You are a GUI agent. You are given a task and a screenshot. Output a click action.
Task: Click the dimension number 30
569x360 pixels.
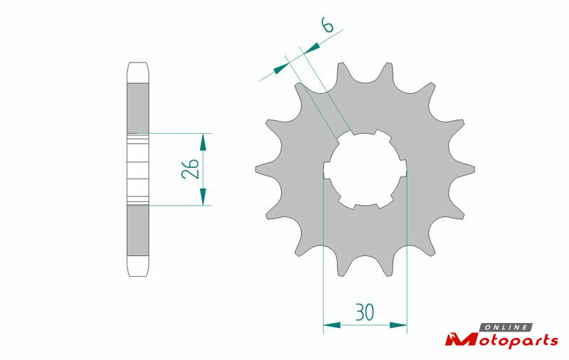(365, 312)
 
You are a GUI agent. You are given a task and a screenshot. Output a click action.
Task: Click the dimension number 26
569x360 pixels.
(190, 169)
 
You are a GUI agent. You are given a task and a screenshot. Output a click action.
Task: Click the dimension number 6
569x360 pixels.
(327, 26)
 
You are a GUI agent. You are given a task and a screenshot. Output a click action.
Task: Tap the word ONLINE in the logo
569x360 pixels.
(506, 327)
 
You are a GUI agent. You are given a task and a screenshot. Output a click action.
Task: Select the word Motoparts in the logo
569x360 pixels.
(502, 340)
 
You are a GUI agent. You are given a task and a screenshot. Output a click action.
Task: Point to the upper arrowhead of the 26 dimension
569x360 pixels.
(203, 142)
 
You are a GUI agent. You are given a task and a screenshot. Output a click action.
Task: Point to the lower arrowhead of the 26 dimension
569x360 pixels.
(203, 196)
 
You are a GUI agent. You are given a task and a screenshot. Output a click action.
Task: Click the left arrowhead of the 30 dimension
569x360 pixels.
(331, 325)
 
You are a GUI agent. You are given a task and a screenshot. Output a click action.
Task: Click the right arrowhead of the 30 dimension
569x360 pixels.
(398, 325)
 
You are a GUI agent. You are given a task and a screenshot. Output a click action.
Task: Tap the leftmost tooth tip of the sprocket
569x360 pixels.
(256, 169)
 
